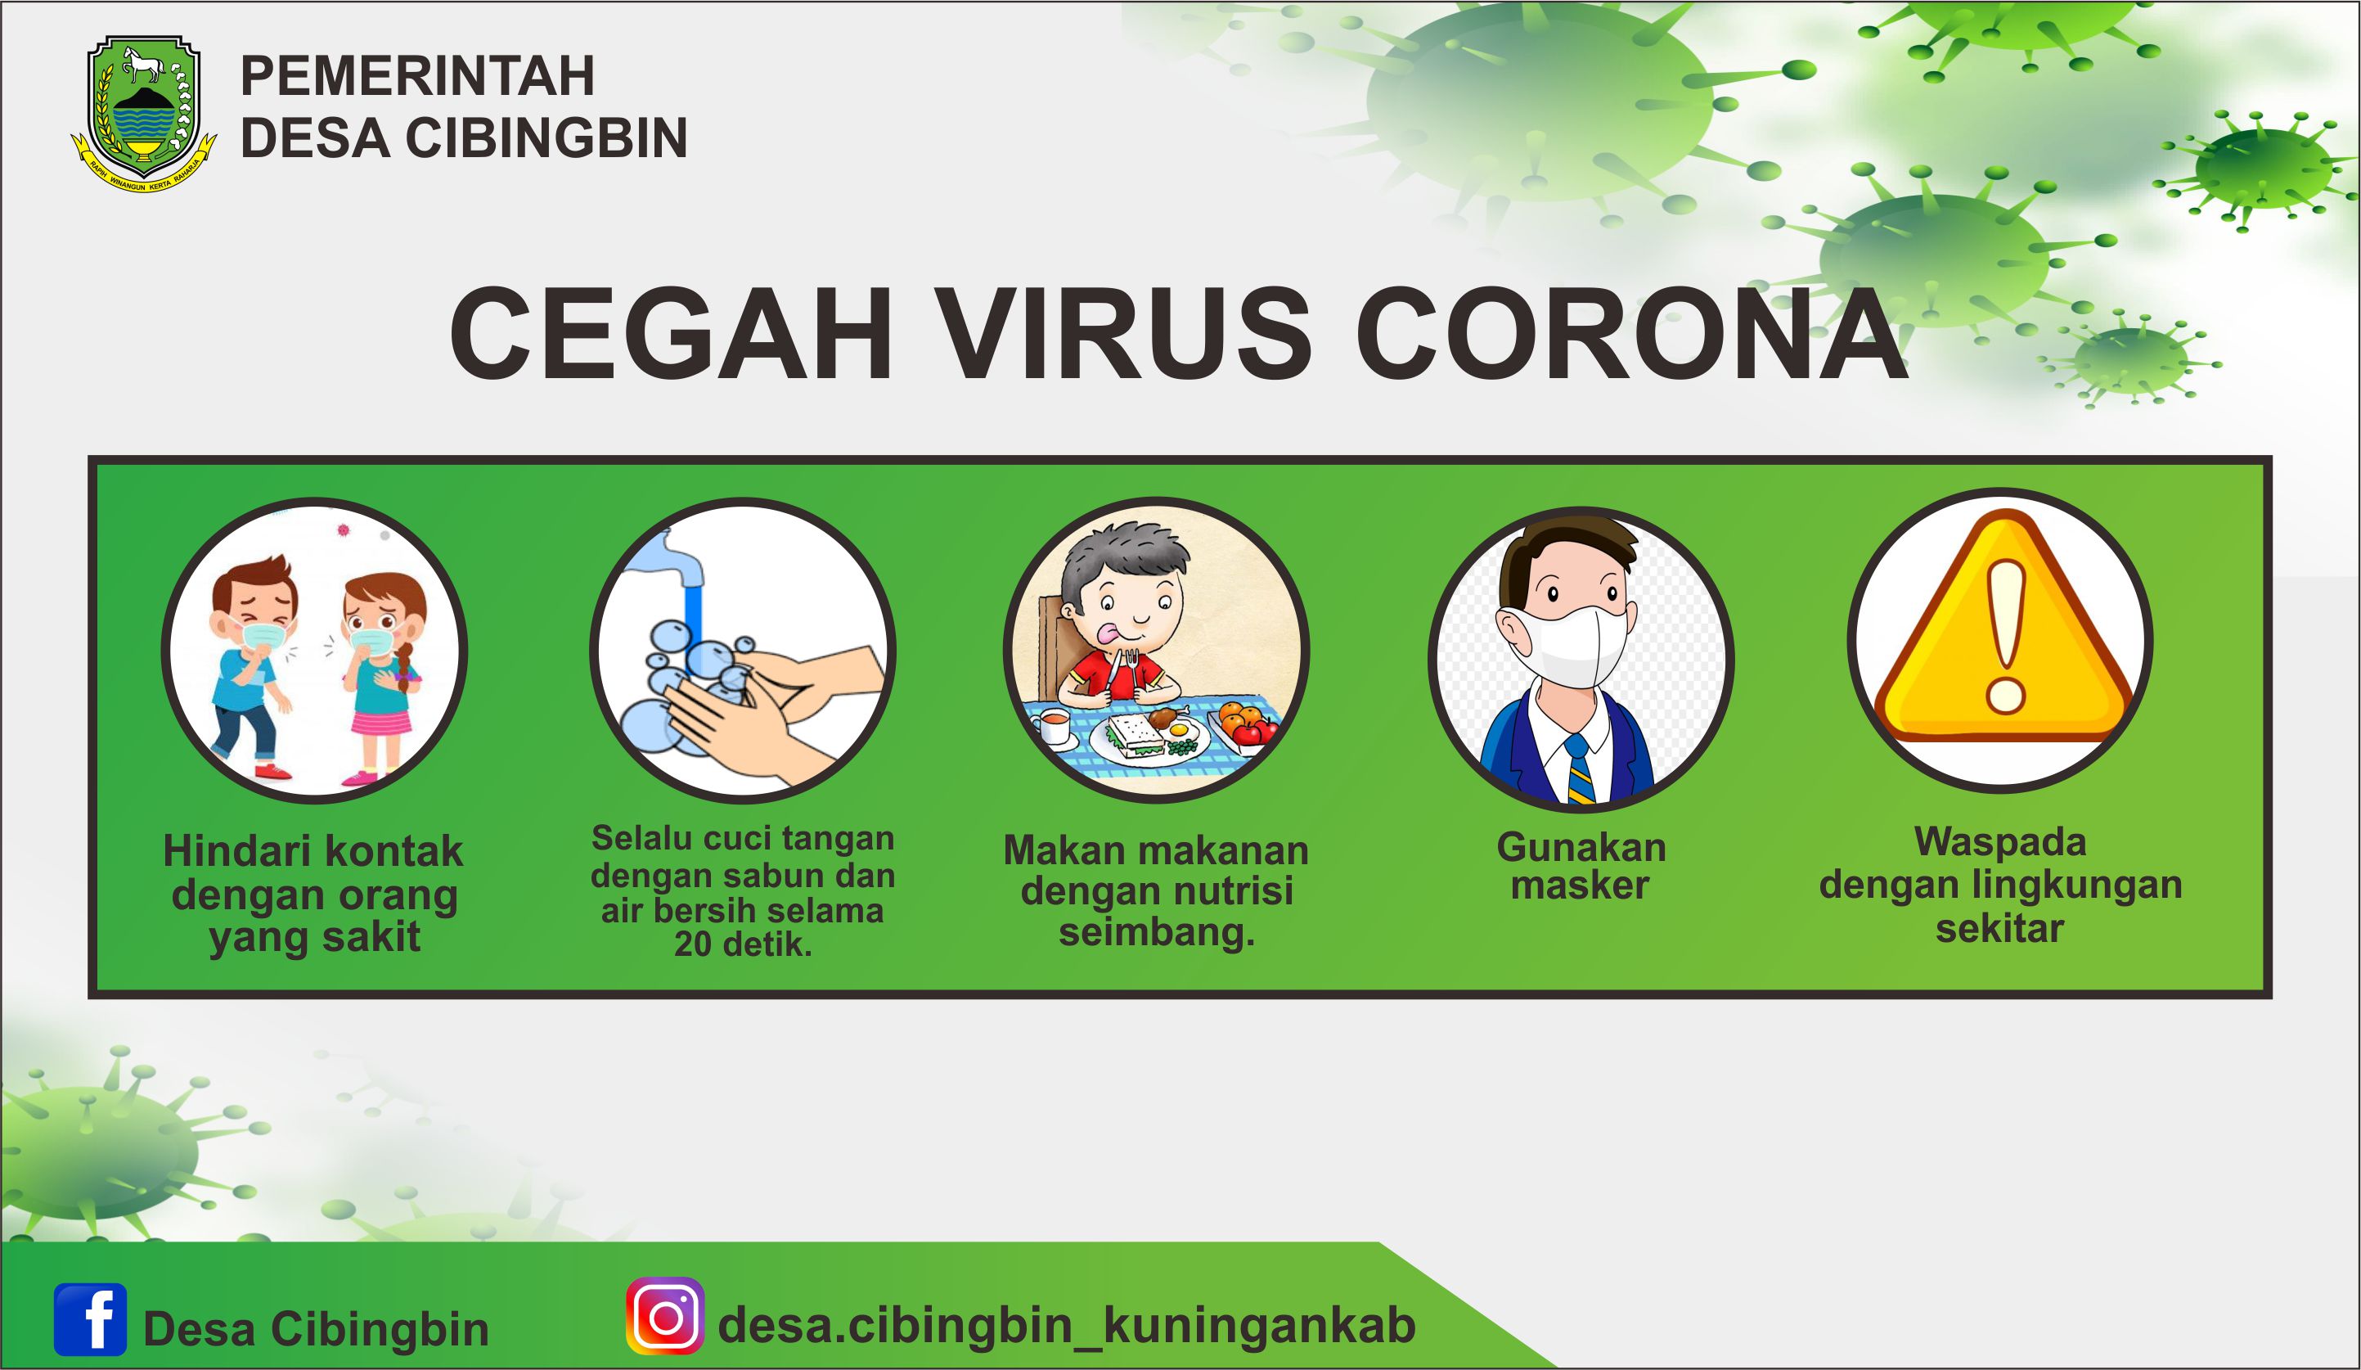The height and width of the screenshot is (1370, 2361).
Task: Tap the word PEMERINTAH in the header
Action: pos(418,76)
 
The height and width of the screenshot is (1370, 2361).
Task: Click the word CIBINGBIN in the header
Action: pos(546,137)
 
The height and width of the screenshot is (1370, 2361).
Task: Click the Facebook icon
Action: pos(90,1319)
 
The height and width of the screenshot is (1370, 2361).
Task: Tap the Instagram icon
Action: pos(665,1316)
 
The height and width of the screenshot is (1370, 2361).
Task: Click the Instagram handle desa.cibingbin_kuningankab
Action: pos(1066,1325)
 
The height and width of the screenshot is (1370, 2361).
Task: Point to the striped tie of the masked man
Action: pos(1580,770)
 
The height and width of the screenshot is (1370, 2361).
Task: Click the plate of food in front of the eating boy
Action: pos(1149,737)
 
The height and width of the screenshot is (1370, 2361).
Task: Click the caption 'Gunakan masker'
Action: pos(1581,867)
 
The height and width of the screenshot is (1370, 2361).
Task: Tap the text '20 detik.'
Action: pos(743,944)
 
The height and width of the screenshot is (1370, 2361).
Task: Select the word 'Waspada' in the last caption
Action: pos(2000,841)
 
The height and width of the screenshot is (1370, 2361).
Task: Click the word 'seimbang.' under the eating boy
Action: pos(1157,933)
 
